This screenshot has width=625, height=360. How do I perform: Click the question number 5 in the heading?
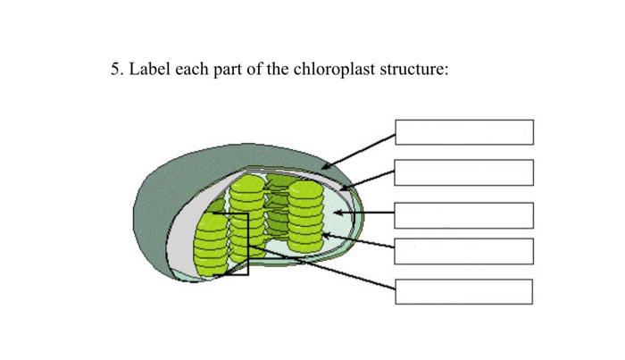tap(116, 69)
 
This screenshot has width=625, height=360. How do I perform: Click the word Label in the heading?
tap(150, 69)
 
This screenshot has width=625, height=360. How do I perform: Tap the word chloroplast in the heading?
tap(334, 69)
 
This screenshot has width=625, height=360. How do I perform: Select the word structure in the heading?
tap(414, 69)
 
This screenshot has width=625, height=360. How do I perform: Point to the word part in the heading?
tap(228, 71)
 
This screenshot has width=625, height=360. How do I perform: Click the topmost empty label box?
tap(464, 132)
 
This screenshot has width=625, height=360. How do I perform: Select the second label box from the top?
tap(464, 172)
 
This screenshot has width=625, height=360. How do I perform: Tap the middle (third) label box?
tap(464, 215)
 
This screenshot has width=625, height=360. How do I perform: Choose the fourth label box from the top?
tap(464, 251)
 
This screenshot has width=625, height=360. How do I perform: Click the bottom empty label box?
tap(464, 292)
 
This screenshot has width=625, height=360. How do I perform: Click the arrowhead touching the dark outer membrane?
tap(326, 166)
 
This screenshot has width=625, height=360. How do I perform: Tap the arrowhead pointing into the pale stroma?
tap(338, 213)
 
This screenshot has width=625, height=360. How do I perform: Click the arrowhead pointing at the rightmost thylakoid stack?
tap(326, 236)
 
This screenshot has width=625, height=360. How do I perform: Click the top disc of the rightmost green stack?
tap(305, 189)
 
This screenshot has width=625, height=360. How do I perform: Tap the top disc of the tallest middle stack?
tap(247, 182)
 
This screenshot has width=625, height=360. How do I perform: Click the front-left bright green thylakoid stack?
tap(212, 244)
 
